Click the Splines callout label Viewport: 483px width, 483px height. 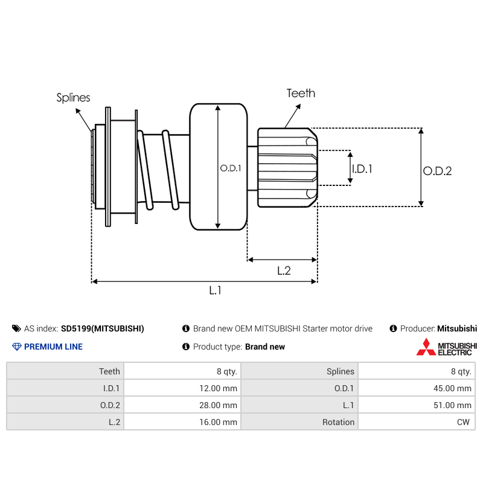(x=73, y=97)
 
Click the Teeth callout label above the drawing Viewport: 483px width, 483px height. (x=301, y=93)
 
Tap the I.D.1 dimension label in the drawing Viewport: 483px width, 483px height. (x=362, y=169)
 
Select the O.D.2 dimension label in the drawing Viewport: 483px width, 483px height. (x=437, y=171)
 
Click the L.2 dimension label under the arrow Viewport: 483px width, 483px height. (x=284, y=271)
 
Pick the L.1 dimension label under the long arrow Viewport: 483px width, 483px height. (x=216, y=290)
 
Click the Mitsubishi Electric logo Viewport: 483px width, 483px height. (x=446, y=347)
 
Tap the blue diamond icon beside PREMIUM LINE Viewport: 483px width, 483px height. (x=16, y=347)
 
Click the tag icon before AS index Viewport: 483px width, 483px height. (x=16, y=328)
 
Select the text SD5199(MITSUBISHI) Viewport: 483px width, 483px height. (x=103, y=329)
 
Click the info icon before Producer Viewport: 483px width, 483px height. (x=394, y=328)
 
